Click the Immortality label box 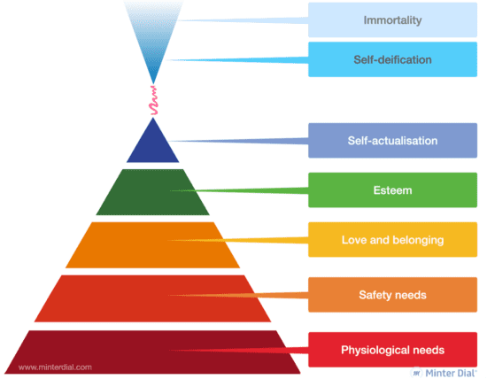392,20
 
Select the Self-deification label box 392,59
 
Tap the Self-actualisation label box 392,141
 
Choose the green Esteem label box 392,189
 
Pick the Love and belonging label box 392,239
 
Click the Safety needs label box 392,295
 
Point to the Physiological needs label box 392,350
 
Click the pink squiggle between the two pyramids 153,101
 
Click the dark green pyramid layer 153,192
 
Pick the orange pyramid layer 153,245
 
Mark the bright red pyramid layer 153,298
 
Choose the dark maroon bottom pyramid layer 153,352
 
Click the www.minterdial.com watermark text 55,367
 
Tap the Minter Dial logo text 451,373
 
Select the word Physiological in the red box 373,350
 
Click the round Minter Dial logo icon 416,373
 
